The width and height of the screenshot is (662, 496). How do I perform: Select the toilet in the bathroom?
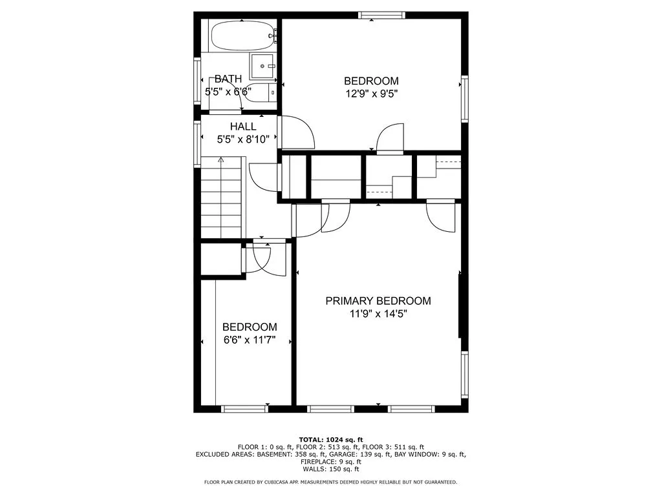(261, 93)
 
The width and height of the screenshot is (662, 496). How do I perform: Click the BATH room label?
(228, 79)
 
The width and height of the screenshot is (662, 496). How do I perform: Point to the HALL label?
(243, 127)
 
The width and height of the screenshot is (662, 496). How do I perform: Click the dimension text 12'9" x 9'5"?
(371, 93)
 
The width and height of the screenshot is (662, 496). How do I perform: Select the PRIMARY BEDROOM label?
(378, 301)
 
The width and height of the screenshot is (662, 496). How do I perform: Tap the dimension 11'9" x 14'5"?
(378, 314)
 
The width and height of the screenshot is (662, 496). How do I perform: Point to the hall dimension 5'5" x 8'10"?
(243, 139)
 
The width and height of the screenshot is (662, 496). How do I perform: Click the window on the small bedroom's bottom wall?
(244, 409)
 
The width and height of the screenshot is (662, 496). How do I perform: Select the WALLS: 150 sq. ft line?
(330, 470)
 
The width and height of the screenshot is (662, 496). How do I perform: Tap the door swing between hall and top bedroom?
(297, 131)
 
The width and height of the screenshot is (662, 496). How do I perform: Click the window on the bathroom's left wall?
(197, 81)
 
